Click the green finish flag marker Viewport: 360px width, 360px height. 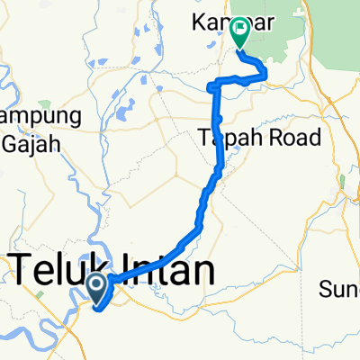point(240,33)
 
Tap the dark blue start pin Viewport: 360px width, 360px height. point(98,287)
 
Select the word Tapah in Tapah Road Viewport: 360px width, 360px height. point(221,138)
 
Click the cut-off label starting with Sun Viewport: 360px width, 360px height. point(340,289)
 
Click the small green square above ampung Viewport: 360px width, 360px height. point(44,103)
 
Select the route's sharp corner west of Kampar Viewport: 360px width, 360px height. point(212,86)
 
